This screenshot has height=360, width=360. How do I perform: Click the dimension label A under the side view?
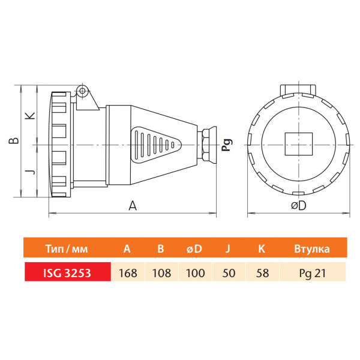click(x=133, y=206)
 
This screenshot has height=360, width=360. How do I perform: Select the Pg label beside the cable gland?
click(x=226, y=145)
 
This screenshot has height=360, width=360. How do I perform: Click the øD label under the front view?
click(x=298, y=206)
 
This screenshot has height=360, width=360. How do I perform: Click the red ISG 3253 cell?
click(x=67, y=273)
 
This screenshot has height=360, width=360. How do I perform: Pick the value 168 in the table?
click(x=128, y=273)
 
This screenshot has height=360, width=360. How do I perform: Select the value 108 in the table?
click(x=161, y=273)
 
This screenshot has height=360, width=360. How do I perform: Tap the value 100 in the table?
click(x=195, y=273)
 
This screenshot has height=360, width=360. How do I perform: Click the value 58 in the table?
click(x=263, y=273)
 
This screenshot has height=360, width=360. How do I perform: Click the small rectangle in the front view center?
click(x=297, y=143)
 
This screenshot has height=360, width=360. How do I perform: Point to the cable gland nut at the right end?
click(x=208, y=144)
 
